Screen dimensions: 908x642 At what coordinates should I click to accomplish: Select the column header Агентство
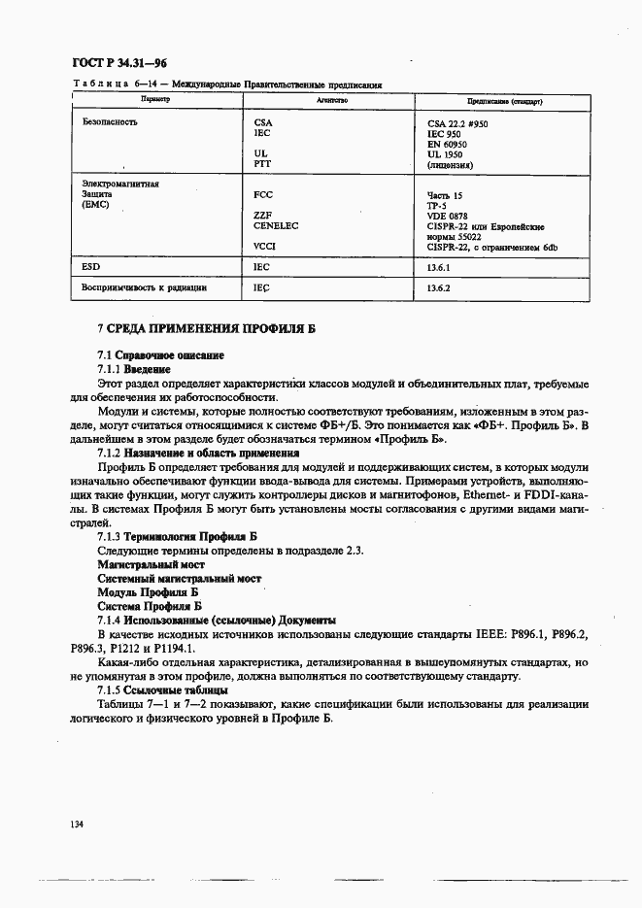(331, 100)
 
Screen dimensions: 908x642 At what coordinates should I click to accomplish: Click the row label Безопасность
(110, 122)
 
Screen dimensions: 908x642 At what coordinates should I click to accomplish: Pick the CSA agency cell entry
(262, 123)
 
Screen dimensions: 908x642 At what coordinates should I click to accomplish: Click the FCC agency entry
(262, 194)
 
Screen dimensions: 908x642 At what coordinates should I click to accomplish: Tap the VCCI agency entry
(264, 247)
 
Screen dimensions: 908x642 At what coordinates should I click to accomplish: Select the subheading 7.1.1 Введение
(133, 370)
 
